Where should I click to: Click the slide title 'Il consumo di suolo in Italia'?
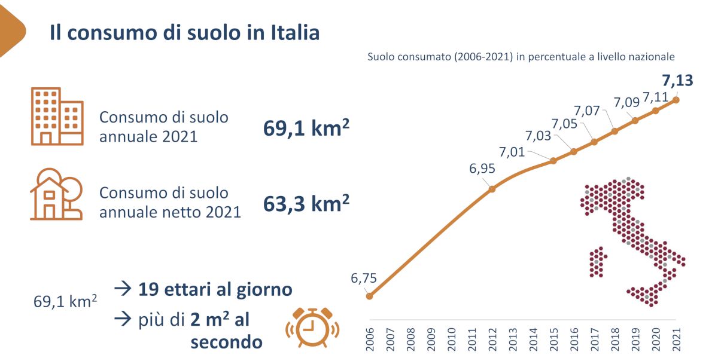click(184, 32)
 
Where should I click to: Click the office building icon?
click(57, 117)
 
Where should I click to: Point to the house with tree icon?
click(56, 194)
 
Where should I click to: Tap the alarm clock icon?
click(312, 327)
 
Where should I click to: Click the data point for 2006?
click(369, 296)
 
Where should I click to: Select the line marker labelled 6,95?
click(492, 189)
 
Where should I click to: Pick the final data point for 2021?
click(676, 100)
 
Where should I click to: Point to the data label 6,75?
click(364, 279)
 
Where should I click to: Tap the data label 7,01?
click(512, 152)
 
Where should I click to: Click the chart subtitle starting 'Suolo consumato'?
click(521, 57)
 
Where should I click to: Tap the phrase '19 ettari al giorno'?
click(215, 290)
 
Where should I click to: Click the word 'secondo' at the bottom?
click(226, 342)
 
